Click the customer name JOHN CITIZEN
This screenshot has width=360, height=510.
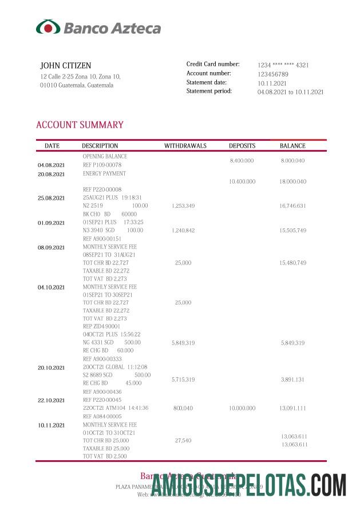65,66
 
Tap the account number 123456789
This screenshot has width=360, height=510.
272,74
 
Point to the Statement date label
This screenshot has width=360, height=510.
207,82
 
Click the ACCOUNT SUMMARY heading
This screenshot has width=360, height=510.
80,125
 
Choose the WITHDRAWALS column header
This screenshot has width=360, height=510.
185,146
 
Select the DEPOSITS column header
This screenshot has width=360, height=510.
242,146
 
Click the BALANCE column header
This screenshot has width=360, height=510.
292,146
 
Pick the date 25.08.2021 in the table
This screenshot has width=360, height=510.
52,198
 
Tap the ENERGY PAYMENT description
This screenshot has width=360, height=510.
104,173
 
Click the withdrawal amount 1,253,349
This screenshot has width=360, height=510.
183,205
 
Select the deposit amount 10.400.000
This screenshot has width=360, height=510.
242,181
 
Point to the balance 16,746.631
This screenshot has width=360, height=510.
293,205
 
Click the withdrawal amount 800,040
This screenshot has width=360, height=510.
183,408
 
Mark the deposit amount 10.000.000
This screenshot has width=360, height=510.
242,408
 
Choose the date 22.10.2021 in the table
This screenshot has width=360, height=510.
52,400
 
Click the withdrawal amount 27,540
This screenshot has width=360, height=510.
183,441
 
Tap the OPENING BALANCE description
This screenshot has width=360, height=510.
105,156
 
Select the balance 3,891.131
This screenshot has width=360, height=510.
293,379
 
